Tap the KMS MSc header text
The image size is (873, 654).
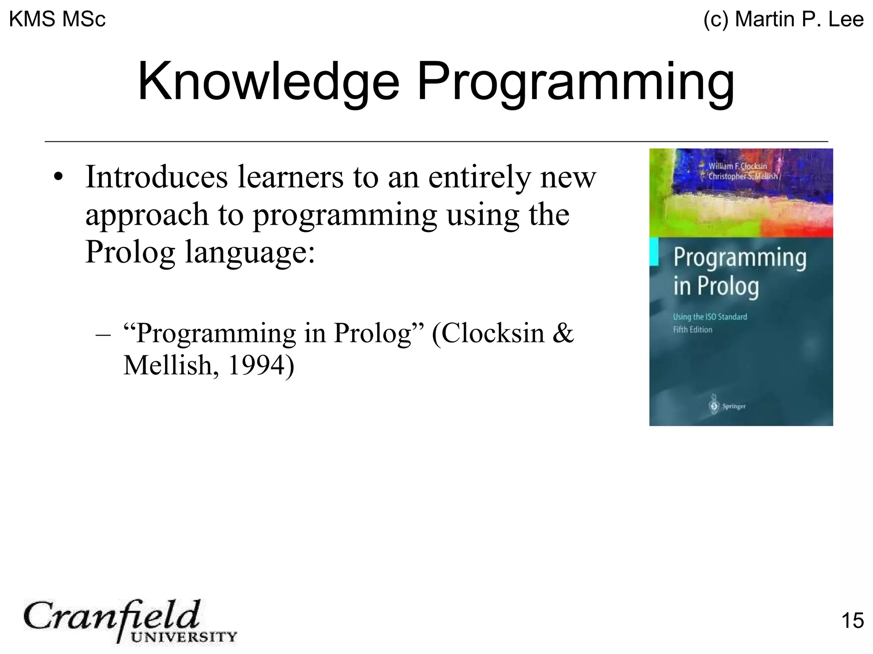(x=57, y=19)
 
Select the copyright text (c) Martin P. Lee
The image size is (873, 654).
(x=783, y=19)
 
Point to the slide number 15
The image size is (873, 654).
(x=852, y=620)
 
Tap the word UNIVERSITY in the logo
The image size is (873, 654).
(x=183, y=637)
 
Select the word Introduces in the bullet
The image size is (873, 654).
(x=156, y=177)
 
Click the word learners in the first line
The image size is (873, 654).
(x=290, y=177)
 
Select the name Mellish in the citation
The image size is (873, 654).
(x=168, y=365)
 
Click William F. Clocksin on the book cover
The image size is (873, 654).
(x=737, y=166)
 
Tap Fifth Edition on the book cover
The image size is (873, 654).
(x=692, y=330)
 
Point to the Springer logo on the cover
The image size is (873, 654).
(x=727, y=406)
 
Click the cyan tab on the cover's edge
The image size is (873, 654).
(x=654, y=252)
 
